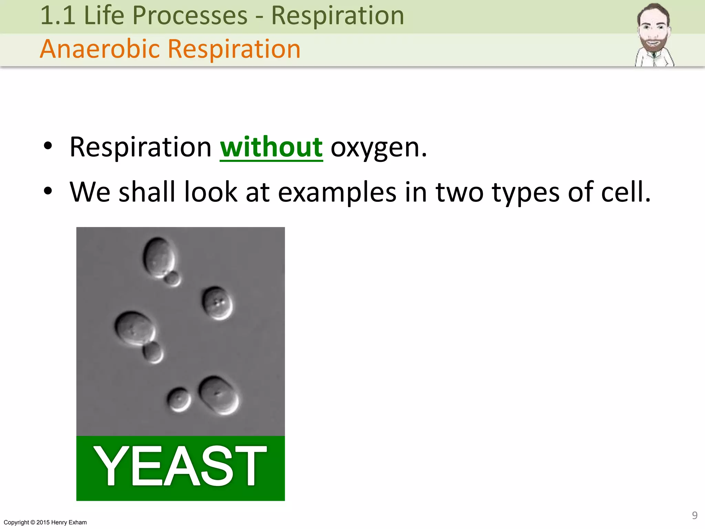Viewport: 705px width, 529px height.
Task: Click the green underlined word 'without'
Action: pyautogui.click(x=271, y=147)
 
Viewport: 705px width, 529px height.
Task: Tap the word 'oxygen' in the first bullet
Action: pyautogui.click(x=378, y=148)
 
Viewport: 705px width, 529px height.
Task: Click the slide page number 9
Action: pyautogui.click(x=695, y=515)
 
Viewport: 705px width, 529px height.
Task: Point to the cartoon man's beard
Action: pyautogui.click(x=653, y=45)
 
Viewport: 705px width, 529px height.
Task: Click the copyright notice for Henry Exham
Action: pyautogui.click(x=45, y=522)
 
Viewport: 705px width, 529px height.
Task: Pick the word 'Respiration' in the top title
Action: pyautogui.click(x=337, y=15)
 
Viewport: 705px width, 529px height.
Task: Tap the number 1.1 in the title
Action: pyautogui.click(x=58, y=15)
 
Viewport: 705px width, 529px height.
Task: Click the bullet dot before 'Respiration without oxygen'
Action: pyautogui.click(x=48, y=146)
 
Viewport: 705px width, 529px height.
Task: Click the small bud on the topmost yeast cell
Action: pyautogui.click(x=172, y=278)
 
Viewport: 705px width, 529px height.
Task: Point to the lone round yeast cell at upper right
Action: pyautogui.click(x=217, y=303)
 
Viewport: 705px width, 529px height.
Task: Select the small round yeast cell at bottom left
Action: pyautogui.click(x=179, y=400)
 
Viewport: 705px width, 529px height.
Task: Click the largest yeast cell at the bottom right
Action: pyautogui.click(x=219, y=395)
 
